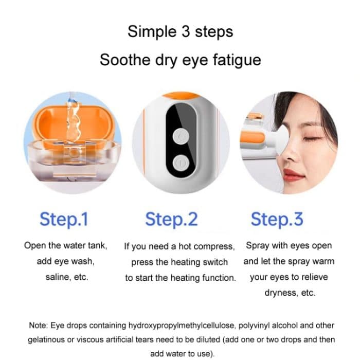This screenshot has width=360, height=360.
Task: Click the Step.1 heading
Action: [x=64, y=219]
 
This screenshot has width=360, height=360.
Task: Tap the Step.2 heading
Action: [x=171, y=219]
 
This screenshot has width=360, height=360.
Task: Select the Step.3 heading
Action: [x=277, y=219]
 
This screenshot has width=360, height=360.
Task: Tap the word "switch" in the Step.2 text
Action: [x=215, y=262]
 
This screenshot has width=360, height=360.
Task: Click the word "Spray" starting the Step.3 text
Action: [x=257, y=246]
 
